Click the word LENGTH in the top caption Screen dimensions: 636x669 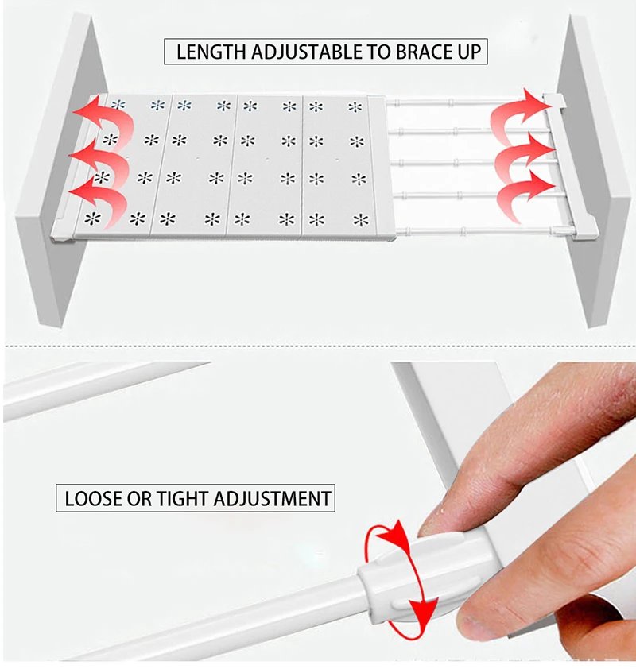[x=211, y=52]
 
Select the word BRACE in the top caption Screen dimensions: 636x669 [x=422, y=52]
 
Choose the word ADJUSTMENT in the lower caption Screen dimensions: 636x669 [x=273, y=498]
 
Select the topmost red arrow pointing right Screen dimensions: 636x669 [x=518, y=112]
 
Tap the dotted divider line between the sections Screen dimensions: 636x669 [x=318, y=346]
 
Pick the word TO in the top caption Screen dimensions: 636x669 [x=378, y=52]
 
